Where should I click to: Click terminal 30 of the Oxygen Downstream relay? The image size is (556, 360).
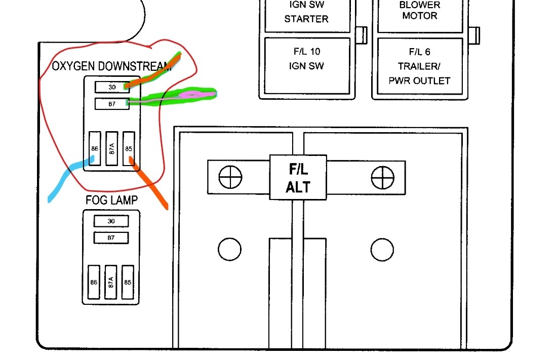pyautogui.click(x=112, y=87)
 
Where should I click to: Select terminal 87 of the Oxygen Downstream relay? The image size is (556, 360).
pyautogui.click(x=112, y=104)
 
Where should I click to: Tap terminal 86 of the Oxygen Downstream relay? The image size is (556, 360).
pyautogui.click(x=95, y=148)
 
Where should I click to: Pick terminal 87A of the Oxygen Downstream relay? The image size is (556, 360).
pyautogui.click(x=111, y=148)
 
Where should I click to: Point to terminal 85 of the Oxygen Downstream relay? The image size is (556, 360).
pyautogui.click(x=129, y=148)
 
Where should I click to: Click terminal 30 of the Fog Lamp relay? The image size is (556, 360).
pyautogui.click(x=111, y=221)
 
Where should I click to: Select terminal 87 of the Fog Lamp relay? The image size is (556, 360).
pyautogui.click(x=111, y=237)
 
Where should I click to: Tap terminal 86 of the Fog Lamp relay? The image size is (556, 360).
pyautogui.click(x=94, y=282)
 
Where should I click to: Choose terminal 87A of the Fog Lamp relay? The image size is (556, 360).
pyautogui.click(x=111, y=282)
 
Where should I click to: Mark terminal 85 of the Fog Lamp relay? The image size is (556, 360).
pyautogui.click(x=128, y=282)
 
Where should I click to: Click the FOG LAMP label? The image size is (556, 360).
pyautogui.click(x=111, y=201)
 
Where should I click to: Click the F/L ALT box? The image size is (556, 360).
pyautogui.click(x=298, y=177)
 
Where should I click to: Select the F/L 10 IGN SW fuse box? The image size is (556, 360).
pyautogui.click(x=306, y=65)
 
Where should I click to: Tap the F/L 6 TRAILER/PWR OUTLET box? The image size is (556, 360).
pyautogui.click(x=419, y=66)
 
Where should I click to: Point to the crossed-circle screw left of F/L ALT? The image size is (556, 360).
pyautogui.click(x=230, y=177)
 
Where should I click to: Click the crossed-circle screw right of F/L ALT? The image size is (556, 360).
pyautogui.click(x=382, y=177)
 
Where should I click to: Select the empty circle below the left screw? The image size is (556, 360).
pyautogui.click(x=229, y=249)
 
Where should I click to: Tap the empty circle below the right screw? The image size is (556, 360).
pyautogui.click(x=382, y=249)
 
